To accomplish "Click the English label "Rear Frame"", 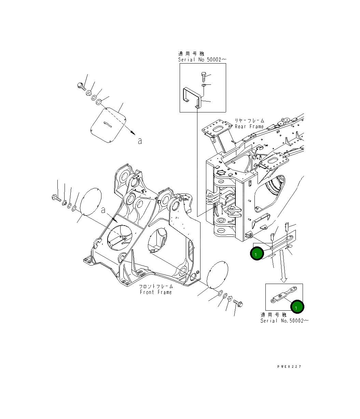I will pyautogui.click(x=249, y=126).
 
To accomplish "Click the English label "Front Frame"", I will pyautogui.click(x=156, y=292).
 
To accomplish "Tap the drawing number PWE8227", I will pyautogui.click(x=289, y=366).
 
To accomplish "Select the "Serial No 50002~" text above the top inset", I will pyautogui.click(x=202, y=59).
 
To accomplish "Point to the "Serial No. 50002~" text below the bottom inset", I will pyautogui.click(x=285, y=321).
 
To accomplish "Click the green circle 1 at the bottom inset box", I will pyautogui.click(x=296, y=307).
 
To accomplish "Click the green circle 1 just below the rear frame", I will pyautogui.click(x=256, y=254).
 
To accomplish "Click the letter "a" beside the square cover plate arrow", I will pyautogui.click(x=139, y=140).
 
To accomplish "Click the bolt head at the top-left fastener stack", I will pyautogui.click(x=81, y=86).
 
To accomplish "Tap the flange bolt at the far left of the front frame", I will pyautogui.click(x=56, y=198).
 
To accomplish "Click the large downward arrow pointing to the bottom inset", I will pyautogui.click(x=283, y=267).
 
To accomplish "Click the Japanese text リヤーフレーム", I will pyautogui.click(x=249, y=121).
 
